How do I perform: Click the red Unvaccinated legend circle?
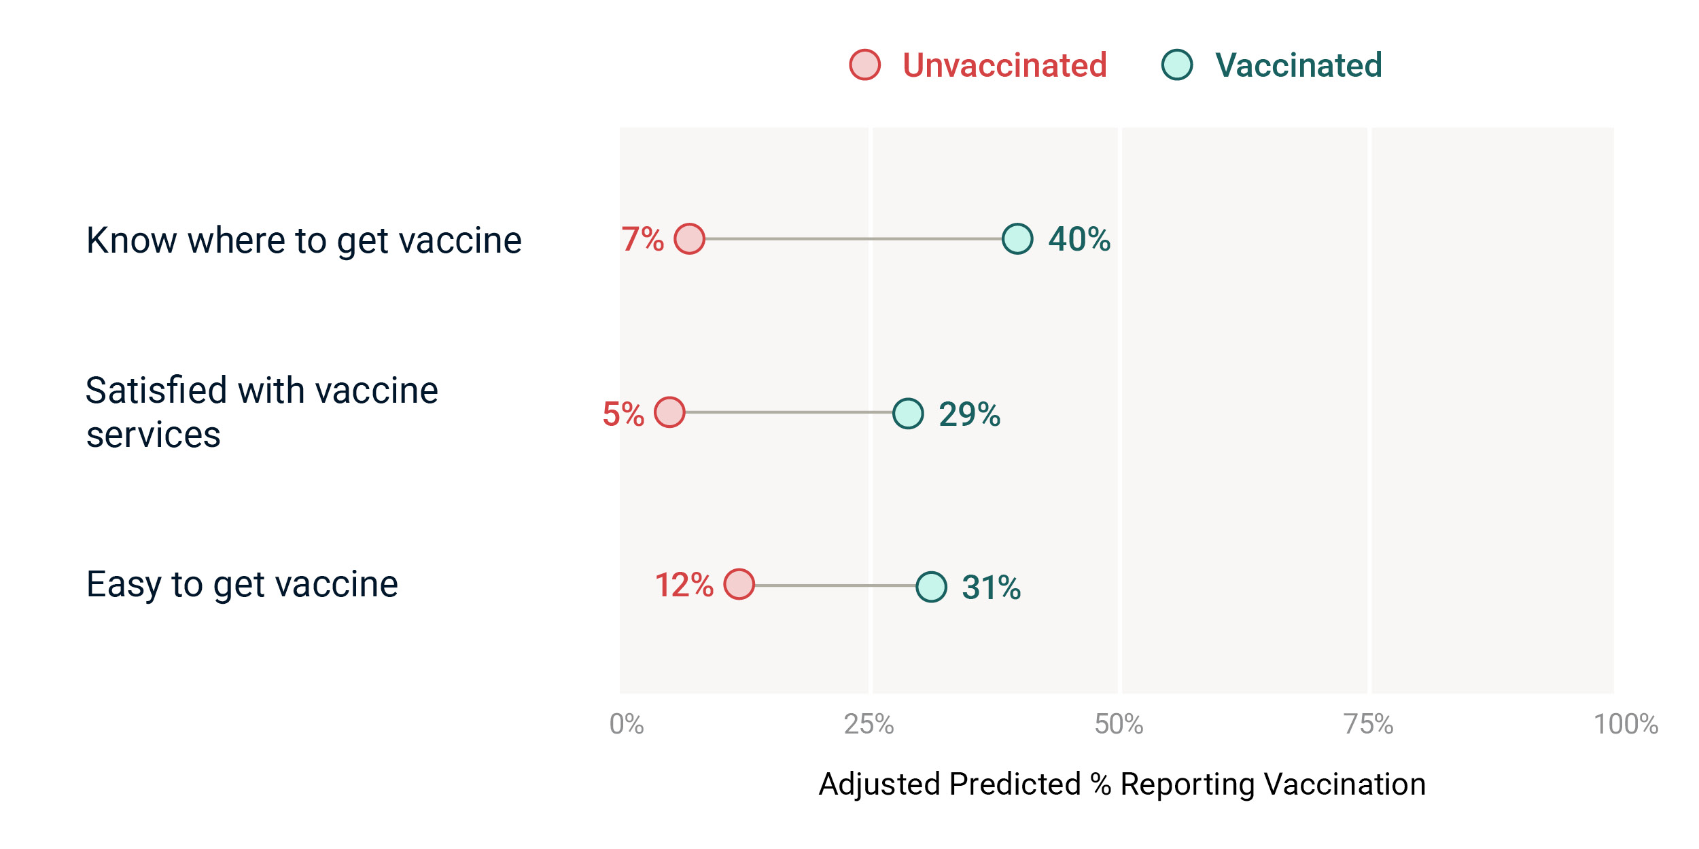tap(865, 65)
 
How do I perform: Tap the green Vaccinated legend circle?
tap(1177, 65)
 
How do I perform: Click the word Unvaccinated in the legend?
tap(1005, 65)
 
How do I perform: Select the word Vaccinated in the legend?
tap(1299, 65)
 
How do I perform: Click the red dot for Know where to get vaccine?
tap(690, 239)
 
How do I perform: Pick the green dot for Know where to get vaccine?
tap(1017, 239)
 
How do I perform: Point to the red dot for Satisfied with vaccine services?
tap(670, 412)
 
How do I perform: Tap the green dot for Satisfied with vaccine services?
tap(908, 413)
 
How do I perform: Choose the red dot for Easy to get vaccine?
tap(739, 584)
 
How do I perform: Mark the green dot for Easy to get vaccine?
tap(931, 587)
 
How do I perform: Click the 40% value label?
tap(1079, 239)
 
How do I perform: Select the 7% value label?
tap(643, 239)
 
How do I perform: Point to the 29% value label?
tap(970, 414)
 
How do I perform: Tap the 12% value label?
tap(684, 585)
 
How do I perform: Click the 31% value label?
tap(992, 588)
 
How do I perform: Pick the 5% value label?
tap(623, 414)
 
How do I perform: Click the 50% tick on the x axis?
tap(1119, 725)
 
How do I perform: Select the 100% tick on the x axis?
tap(1626, 725)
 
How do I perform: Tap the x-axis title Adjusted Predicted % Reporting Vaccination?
tap(1122, 784)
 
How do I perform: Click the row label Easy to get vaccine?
tap(242, 585)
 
